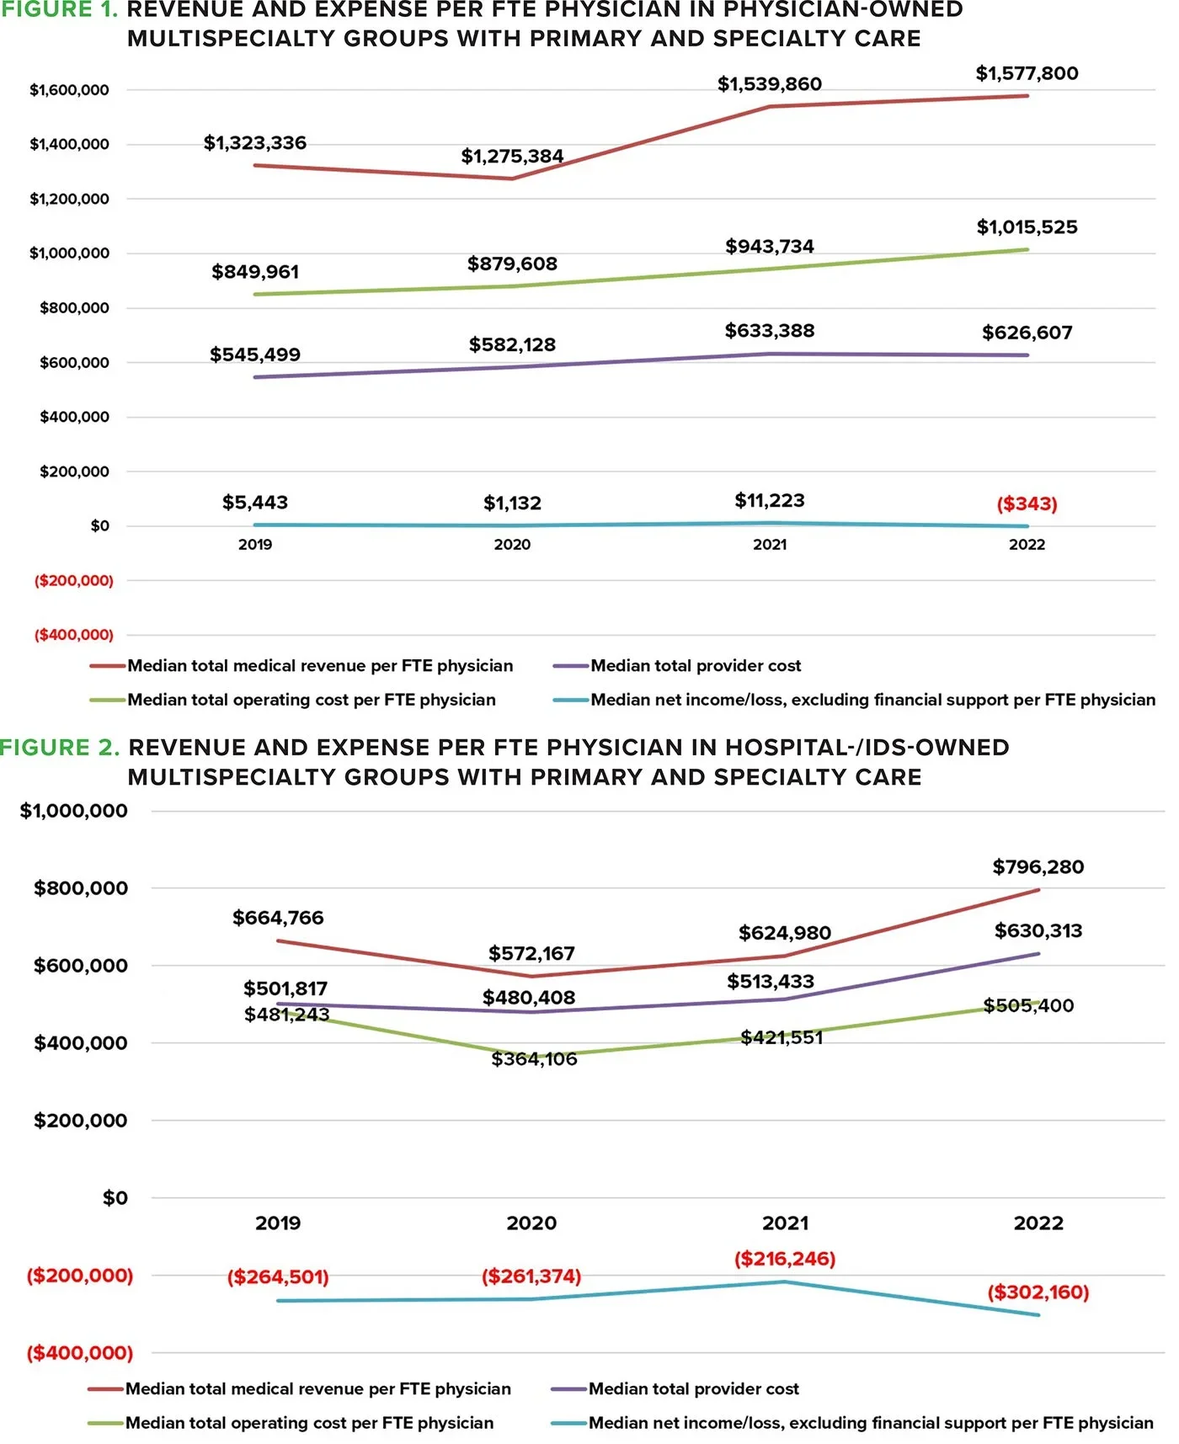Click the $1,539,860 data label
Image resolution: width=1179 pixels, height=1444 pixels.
pos(769,84)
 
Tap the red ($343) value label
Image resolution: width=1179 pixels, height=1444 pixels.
pos(1027,504)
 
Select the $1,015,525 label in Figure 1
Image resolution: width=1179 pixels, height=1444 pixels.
pos(1027,227)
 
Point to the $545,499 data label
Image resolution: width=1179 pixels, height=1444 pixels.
pos(255,354)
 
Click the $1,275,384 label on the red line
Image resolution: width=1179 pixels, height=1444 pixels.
pos(512,157)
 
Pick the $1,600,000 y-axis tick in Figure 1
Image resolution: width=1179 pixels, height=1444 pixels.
pos(69,90)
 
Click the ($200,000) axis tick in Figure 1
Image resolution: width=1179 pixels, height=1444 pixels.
pos(73,580)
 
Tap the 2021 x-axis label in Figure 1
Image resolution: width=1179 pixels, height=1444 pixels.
pos(769,545)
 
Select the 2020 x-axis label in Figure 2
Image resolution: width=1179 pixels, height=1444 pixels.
pos(531,1223)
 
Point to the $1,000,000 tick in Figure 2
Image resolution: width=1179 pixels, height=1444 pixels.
pos(74,811)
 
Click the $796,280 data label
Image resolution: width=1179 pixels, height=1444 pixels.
pos(1038,866)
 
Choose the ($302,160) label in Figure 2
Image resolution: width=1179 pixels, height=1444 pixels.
pos(1038,1292)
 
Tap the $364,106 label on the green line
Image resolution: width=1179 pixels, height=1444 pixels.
pos(534,1058)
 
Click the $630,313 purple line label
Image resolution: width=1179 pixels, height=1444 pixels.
pos(1038,930)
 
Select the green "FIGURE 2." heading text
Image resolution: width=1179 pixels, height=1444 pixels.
pos(60,748)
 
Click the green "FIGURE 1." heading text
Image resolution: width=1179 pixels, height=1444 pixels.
pos(59,10)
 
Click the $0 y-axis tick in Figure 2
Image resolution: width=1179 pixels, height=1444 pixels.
pos(115,1197)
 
